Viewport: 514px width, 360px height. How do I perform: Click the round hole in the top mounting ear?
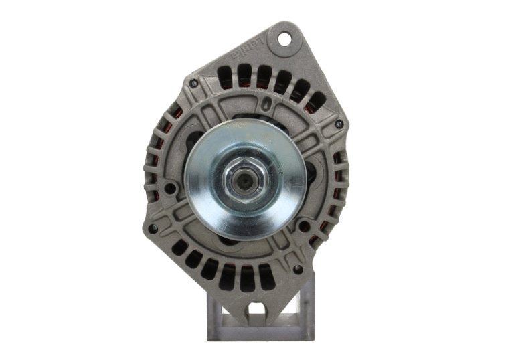click(x=285, y=38)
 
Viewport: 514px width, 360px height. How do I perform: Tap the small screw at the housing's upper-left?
click(x=194, y=84)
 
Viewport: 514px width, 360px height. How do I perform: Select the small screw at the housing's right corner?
click(x=339, y=124)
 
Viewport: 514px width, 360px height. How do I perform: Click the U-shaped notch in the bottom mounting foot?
click(x=255, y=311)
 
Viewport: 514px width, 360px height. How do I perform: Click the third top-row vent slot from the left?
click(x=264, y=75)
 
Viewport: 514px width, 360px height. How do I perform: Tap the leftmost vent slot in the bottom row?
click(x=179, y=247)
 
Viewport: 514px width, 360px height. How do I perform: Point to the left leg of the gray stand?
click(x=215, y=314)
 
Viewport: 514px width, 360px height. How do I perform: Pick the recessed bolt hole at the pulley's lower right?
click(x=305, y=226)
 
